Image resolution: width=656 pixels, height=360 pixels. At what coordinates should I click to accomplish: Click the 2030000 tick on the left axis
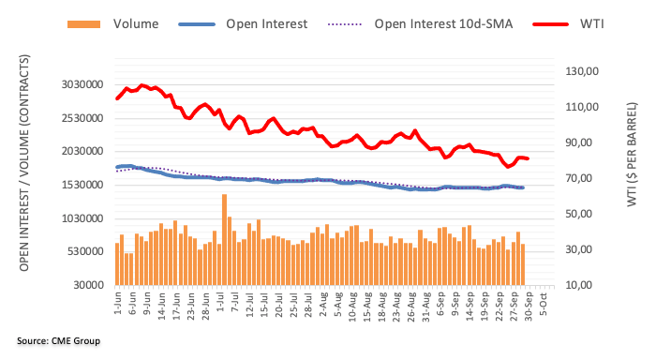tap(77, 152)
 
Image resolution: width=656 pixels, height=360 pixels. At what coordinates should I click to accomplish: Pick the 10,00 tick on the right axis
tap(583, 285)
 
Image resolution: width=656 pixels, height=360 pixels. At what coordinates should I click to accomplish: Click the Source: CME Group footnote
tap(58, 340)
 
